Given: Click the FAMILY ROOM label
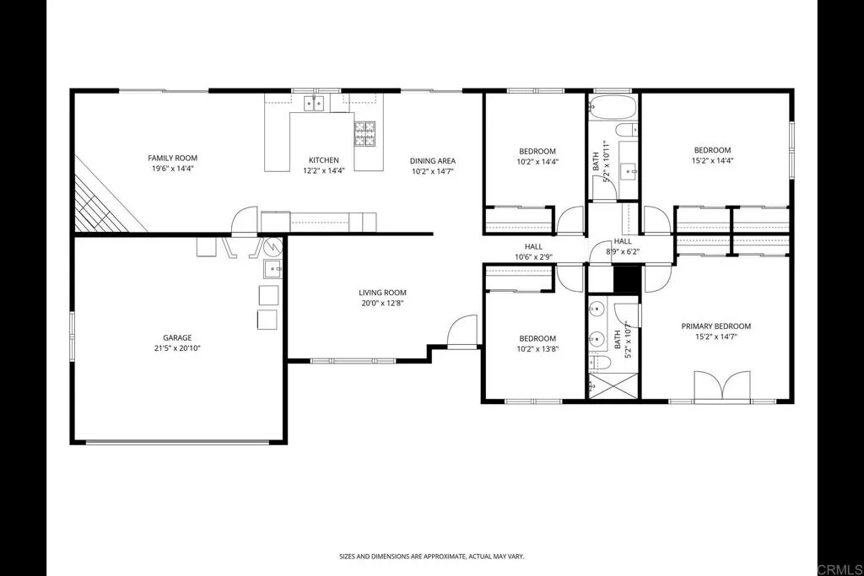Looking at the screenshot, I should click(172, 159).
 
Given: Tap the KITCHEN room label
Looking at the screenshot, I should click(323, 160).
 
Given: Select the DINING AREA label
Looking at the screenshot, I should click(433, 161).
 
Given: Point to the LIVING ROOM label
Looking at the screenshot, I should click(382, 293).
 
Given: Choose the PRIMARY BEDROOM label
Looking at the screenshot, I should click(715, 326).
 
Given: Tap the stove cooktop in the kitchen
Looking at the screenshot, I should click(364, 133).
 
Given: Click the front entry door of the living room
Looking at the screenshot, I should click(462, 333).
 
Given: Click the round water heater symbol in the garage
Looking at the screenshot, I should click(273, 248).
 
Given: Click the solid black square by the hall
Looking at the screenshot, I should click(625, 279).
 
